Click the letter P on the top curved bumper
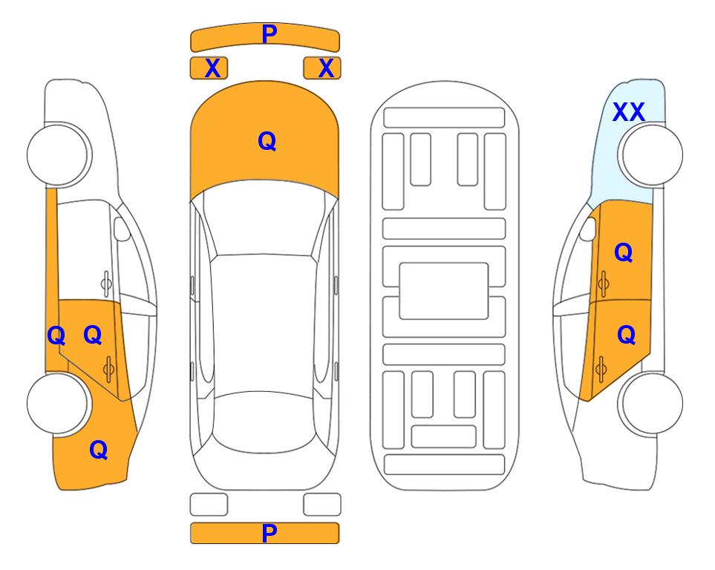click(x=269, y=34)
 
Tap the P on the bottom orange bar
click(x=269, y=533)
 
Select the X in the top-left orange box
click(x=212, y=68)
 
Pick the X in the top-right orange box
click(x=326, y=68)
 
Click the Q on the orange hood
click(x=267, y=141)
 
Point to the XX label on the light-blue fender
click(x=629, y=112)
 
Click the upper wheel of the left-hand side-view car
click(x=59, y=155)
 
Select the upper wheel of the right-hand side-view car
click(x=652, y=155)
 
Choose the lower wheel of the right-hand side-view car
click(x=652, y=403)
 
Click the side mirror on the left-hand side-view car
click(x=121, y=229)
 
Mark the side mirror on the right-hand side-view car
click(x=588, y=229)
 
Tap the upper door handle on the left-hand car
click(x=106, y=284)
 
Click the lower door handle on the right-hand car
click(x=601, y=369)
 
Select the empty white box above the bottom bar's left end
click(x=209, y=505)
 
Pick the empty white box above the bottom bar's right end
click(x=322, y=505)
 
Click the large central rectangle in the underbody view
click(x=444, y=291)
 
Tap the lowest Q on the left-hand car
click(x=99, y=450)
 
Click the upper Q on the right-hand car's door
click(x=624, y=252)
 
